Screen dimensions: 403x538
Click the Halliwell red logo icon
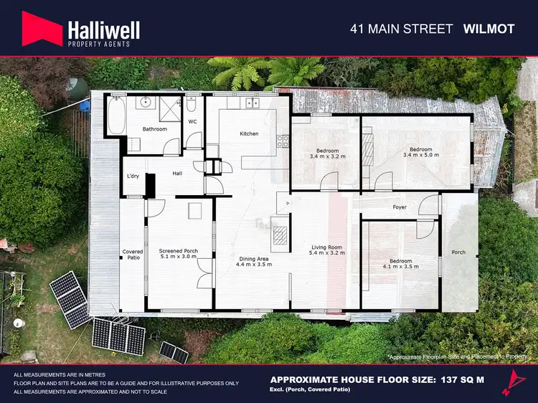click(41, 29)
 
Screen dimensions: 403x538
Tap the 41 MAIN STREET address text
click(401, 29)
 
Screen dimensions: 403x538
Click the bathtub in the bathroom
click(115, 115)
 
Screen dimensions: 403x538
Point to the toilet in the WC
click(191, 107)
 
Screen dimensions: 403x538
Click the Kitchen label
click(249, 134)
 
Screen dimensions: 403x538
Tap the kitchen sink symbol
click(252, 103)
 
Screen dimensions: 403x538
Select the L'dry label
click(133, 176)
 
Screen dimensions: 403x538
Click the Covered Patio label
click(133, 255)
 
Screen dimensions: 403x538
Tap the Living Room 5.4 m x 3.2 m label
click(325, 250)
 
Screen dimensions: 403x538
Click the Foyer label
click(400, 207)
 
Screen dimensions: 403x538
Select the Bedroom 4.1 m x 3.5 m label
click(400, 264)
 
